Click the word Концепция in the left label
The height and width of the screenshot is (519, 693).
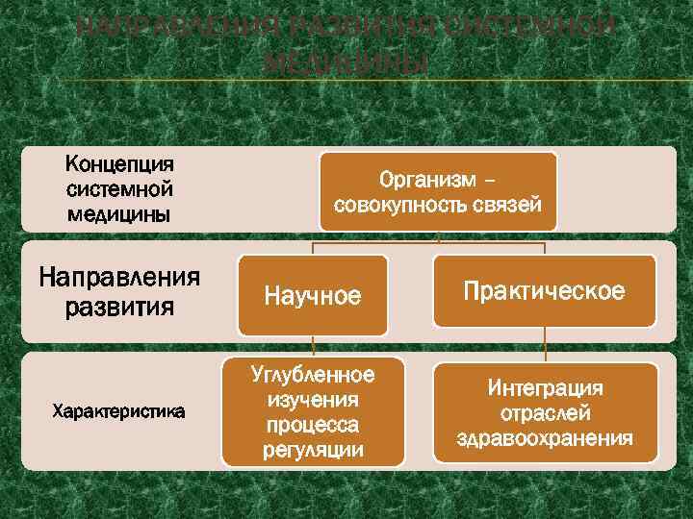[118, 162]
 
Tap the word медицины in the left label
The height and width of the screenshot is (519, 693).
[118, 212]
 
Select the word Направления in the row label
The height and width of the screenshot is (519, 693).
[118, 279]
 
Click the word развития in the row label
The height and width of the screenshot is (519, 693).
[118, 308]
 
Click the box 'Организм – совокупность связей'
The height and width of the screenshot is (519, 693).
[438, 191]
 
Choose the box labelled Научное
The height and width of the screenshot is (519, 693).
[314, 296]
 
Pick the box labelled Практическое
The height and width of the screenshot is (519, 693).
[545, 291]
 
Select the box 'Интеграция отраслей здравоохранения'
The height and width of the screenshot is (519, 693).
[545, 413]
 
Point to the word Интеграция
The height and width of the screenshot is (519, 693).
[545, 388]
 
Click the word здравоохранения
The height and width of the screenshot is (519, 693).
[545, 439]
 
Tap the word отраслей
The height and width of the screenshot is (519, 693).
[545, 413]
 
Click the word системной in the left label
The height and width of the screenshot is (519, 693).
[118, 187]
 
